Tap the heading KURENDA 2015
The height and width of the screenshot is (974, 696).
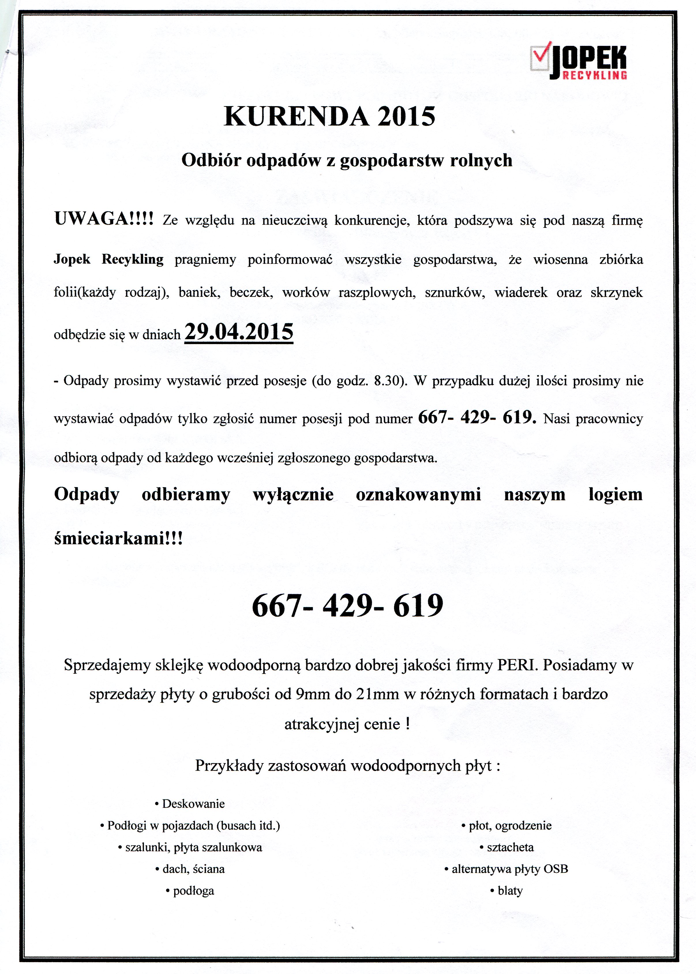(x=330, y=116)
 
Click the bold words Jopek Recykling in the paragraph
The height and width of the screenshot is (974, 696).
(x=108, y=260)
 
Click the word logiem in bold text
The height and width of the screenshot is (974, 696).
(x=615, y=494)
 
